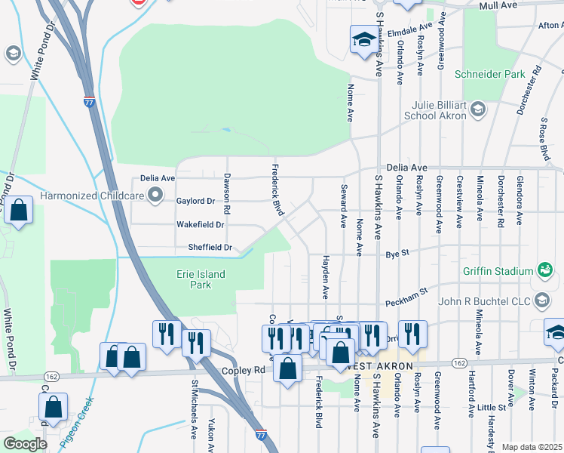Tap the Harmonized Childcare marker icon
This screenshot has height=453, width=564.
click(156, 196)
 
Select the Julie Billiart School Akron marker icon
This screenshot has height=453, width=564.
click(477, 111)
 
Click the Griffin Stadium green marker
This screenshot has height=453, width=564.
click(544, 270)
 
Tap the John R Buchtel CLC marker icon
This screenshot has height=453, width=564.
click(541, 301)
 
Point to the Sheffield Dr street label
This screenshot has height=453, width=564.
click(210, 248)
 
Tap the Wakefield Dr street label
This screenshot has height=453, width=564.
click(200, 225)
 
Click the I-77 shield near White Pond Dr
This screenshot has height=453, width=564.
click(89, 101)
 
